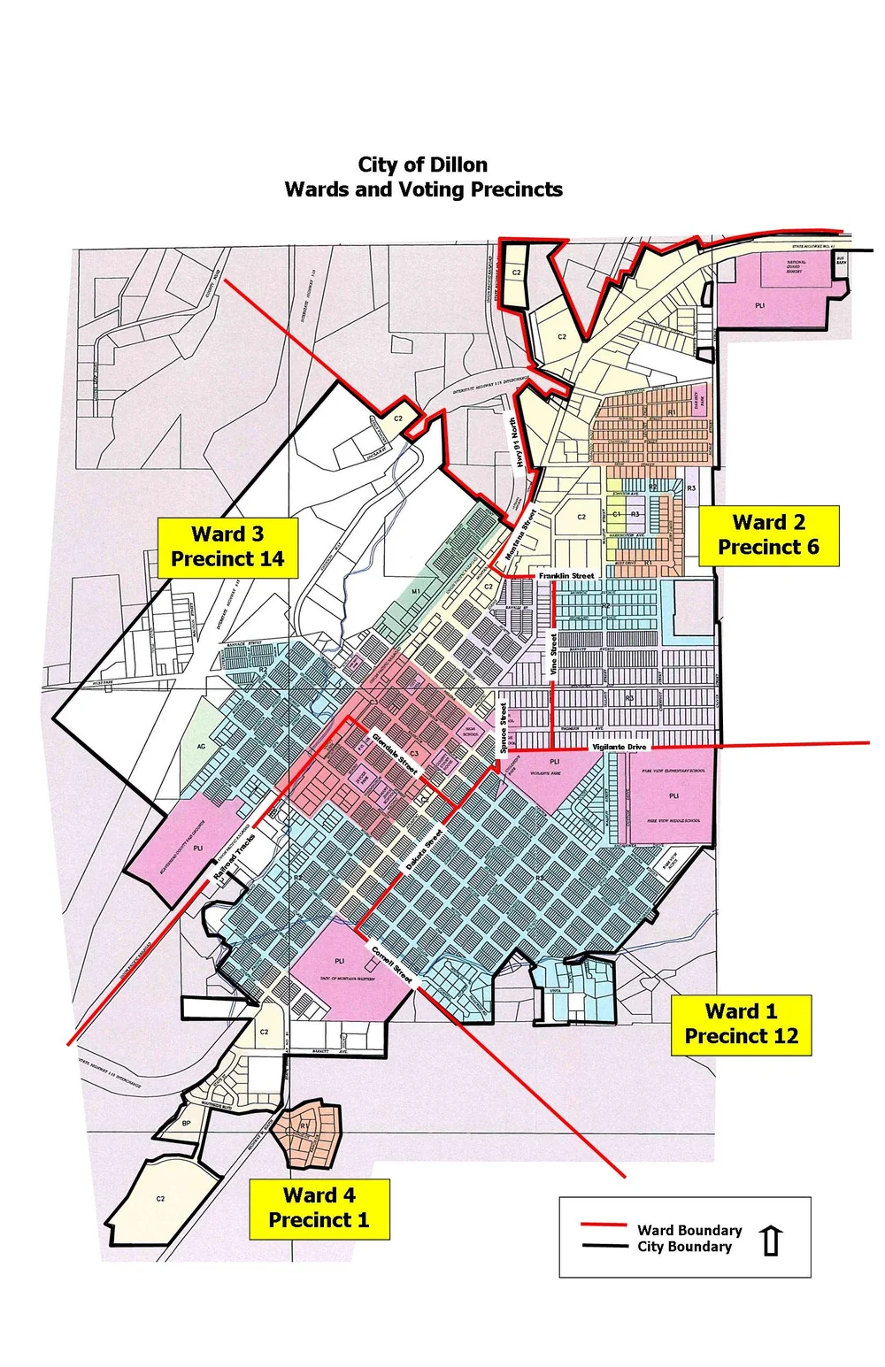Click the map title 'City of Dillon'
pos(422,165)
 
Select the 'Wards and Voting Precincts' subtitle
pos(423,189)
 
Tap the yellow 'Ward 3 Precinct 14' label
pos(227,547)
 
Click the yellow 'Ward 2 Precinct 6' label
pos(768,535)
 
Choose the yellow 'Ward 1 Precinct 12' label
pos(741,1025)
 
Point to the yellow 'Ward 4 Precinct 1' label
pos(319,1208)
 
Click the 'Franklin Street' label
pos(566,576)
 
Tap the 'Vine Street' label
pos(554,655)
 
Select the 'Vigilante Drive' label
pos(619,747)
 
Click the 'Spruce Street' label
pos(504,727)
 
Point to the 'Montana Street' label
pos(520,534)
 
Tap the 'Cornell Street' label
pos(392,965)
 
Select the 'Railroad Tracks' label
pos(234,856)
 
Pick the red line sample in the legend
pos(604,1225)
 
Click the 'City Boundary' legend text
pos(684,1247)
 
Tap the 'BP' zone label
pos(186,1124)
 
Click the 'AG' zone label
pos(201,747)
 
